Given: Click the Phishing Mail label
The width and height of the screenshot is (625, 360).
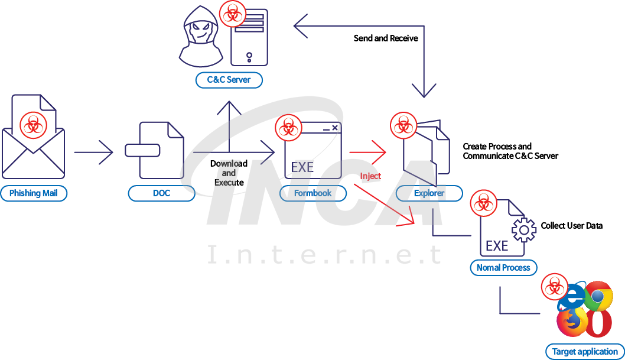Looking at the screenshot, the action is pos(34,193).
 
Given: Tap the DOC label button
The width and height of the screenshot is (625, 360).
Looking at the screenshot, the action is pos(161,193).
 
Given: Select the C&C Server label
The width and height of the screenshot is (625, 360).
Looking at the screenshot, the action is pos(229,80).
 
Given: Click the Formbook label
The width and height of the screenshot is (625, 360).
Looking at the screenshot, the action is pos(313,193).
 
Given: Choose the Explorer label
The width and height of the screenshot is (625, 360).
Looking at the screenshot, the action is pos(429,193).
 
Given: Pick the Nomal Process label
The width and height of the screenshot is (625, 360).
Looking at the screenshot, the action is pos(503,267).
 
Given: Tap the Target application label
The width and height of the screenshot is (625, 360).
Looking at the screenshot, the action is pos(585,351).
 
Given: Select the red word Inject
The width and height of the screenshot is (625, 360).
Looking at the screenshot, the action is pos(370,176).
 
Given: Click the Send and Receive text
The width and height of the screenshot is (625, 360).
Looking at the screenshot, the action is pos(386,38).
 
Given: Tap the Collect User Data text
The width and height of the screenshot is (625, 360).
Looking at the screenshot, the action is pos(571,226).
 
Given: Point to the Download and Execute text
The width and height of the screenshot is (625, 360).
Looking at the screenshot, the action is pos(229,173).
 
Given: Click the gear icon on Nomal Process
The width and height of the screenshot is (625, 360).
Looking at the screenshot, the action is pos(523,230).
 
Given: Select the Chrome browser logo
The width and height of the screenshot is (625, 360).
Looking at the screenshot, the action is pos(598,296).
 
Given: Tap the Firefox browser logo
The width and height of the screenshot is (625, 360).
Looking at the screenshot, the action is pos(571,322).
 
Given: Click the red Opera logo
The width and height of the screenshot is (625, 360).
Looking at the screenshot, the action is pos(598,323).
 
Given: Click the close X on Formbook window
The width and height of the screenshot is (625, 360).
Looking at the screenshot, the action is pos(334,128).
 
